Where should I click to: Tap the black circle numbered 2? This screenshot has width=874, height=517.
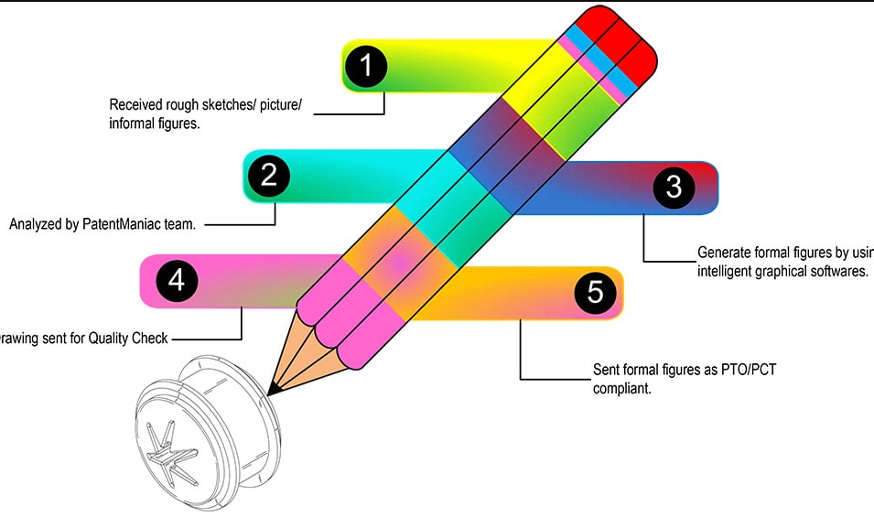tap(269, 176)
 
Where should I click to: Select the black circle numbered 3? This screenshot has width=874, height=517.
tap(674, 188)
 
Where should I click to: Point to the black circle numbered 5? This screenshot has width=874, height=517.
tap(596, 293)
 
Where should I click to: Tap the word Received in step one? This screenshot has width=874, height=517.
tap(137, 104)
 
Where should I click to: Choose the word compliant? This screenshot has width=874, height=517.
tap(621, 388)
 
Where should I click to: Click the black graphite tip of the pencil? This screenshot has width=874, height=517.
tap(274, 389)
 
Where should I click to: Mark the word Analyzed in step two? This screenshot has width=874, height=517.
tap(37, 222)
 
